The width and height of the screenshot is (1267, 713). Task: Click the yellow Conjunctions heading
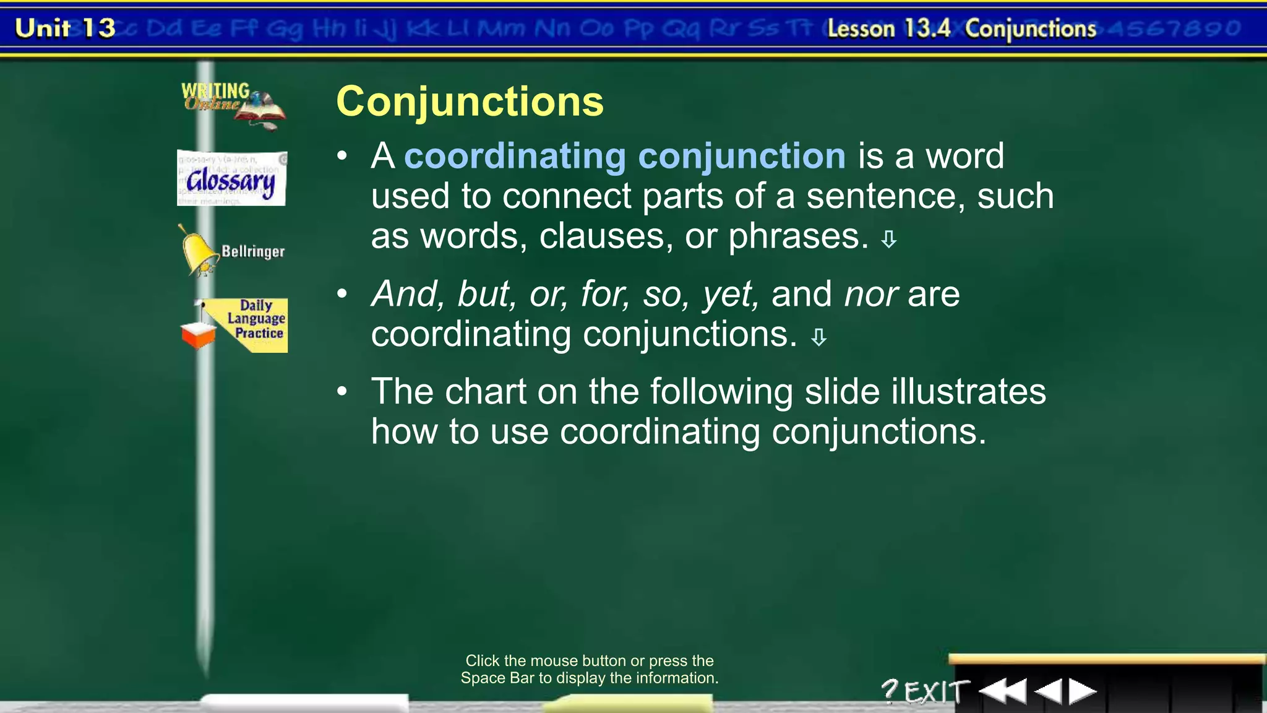pos(470,102)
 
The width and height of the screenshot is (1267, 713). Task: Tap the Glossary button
pos(231,179)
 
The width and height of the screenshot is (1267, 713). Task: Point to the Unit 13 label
pos(65,28)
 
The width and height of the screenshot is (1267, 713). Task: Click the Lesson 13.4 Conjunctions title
pos(961,29)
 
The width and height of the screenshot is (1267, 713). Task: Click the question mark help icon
pos(889,691)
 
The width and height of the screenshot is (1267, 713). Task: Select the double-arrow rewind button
pos(1003,691)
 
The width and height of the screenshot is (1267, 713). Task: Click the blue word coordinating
pos(515,156)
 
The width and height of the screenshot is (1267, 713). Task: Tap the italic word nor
pos(871,294)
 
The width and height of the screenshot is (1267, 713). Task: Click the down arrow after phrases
pos(889,240)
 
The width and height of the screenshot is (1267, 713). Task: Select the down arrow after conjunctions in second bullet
pos(818,337)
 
